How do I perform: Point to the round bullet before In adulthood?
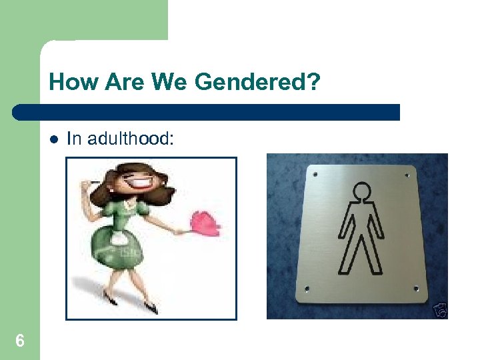tap(53, 139)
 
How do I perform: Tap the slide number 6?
tap(20, 341)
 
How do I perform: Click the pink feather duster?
tap(206, 225)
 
